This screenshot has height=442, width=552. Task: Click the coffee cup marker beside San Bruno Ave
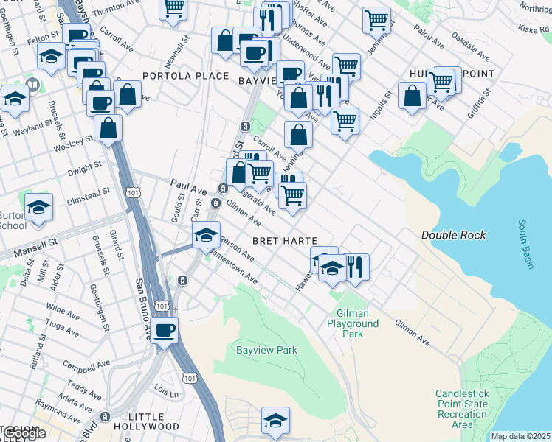click(165, 330)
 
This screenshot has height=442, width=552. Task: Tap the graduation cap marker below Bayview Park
click(275, 421)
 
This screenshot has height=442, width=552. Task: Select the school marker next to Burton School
click(39, 208)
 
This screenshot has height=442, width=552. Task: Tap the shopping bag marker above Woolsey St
click(108, 128)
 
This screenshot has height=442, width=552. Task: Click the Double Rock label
click(453, 235)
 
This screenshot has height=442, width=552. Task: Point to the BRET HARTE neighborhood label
click(285, 241)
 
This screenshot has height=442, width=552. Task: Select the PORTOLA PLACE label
click(176, 76)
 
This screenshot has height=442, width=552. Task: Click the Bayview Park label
click(266, 350)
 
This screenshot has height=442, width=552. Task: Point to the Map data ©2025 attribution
click(520, 436)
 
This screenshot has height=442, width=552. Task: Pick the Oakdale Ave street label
click(470, 46)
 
